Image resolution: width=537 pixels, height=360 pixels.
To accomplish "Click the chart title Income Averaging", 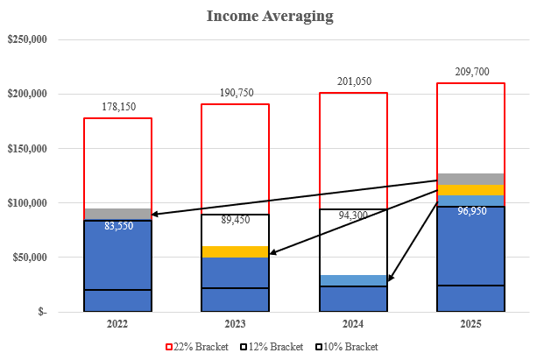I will (268, 16).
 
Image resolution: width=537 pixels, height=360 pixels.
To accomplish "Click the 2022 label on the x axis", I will (117, 323).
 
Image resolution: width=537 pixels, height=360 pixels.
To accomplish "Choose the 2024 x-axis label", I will (353, 323).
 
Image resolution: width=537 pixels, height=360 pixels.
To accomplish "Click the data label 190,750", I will (236, 94).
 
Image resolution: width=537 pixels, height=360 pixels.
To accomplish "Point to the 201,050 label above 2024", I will (353, 82).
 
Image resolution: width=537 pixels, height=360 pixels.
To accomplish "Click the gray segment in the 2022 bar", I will (117, 214).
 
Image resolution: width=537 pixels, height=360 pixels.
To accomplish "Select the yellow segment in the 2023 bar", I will (236, 251).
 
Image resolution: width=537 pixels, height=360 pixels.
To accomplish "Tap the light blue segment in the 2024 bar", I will (353, 280).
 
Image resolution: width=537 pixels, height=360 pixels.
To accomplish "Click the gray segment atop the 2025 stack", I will (471, 179).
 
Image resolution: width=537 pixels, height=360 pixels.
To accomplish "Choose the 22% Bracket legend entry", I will (201, 347).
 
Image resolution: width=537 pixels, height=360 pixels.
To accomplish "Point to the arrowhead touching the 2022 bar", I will (155, 214).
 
